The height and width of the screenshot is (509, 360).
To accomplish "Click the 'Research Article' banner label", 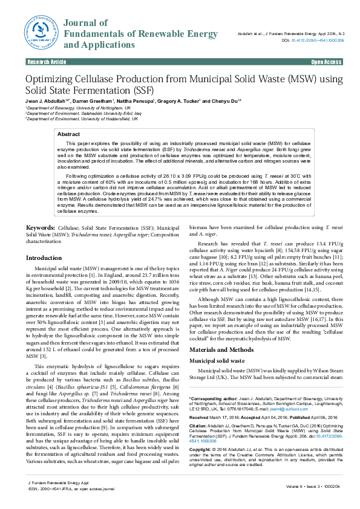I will [x=46, y=62].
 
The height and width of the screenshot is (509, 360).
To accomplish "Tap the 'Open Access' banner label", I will [x=326, y=62].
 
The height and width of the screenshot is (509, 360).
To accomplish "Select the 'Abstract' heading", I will [x=68, y=134].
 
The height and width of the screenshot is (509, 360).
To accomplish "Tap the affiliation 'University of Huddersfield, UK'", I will [x=94, y=118].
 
